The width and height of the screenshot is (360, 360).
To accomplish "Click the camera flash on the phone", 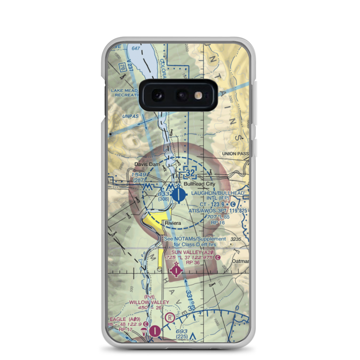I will [198, 95].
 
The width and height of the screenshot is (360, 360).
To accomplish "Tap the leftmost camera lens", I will [158, 95].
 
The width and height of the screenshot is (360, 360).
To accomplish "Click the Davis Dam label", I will [147, 164].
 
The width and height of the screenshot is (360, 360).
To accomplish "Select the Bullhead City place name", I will [199, 184].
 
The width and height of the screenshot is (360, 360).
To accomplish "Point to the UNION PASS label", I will [235, 154].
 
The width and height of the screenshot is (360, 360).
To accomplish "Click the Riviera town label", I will [173, 224].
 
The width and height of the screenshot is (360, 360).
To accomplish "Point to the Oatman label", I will [240, 262].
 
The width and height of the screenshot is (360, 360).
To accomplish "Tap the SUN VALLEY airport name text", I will [187, 252].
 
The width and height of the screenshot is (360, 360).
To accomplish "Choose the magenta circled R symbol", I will [170, 318].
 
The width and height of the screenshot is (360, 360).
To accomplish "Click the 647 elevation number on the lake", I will [136, 48].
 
